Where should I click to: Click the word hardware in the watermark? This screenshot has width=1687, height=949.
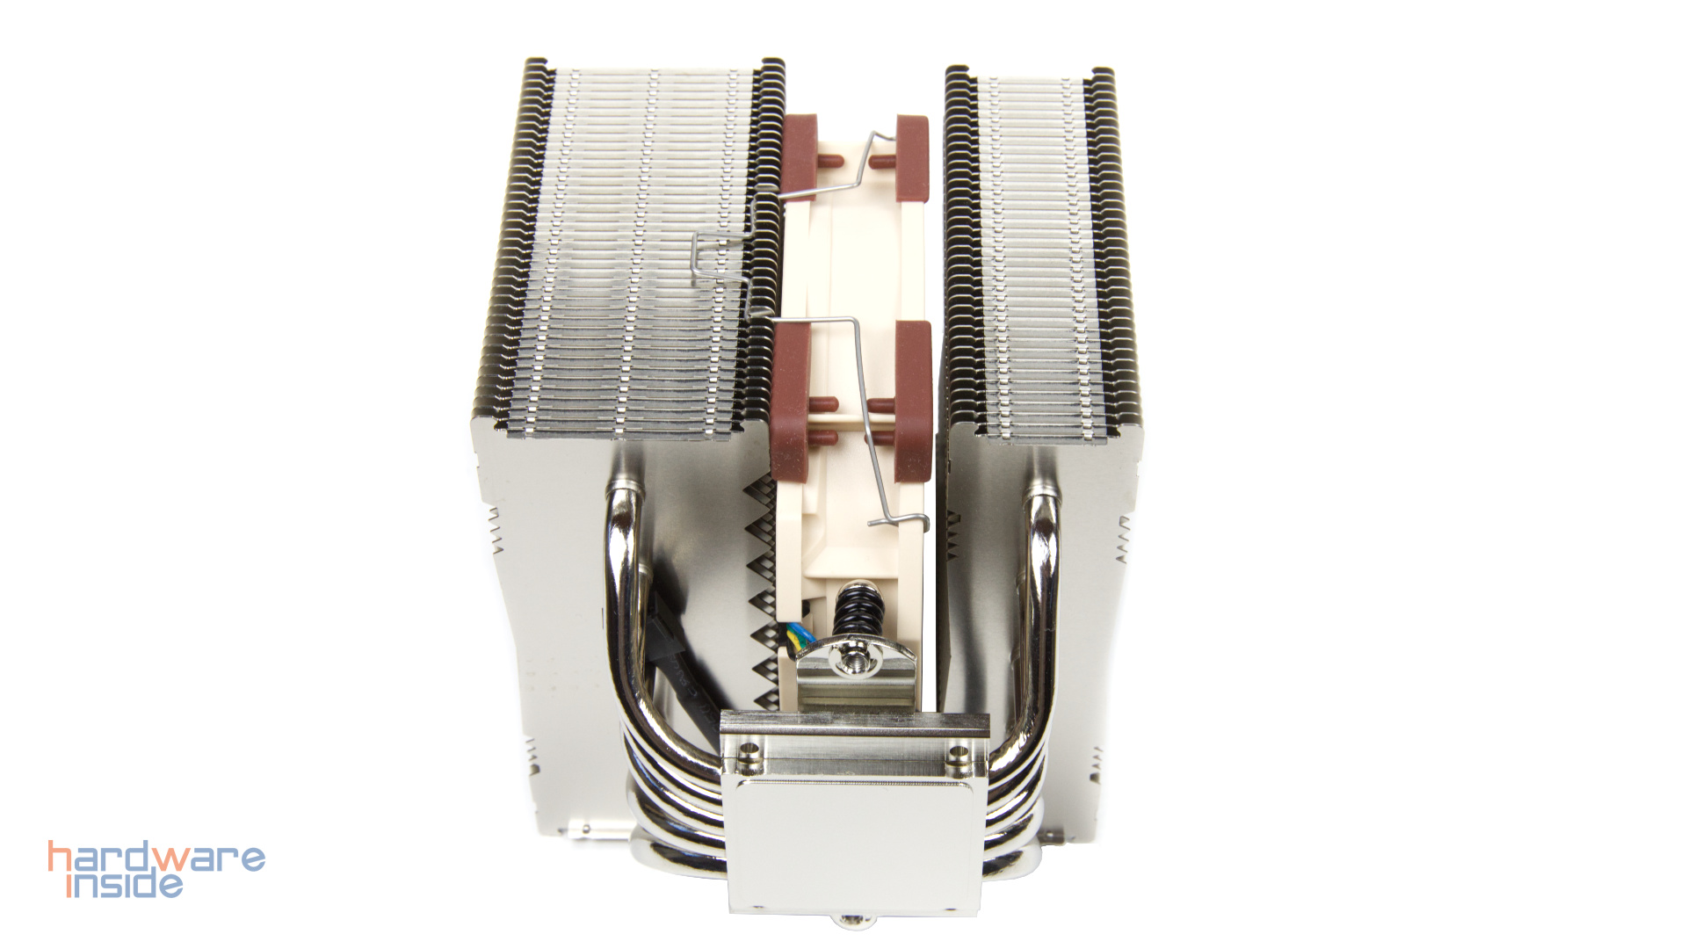[156, 858]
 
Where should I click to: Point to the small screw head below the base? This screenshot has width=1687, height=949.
[851, 920]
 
